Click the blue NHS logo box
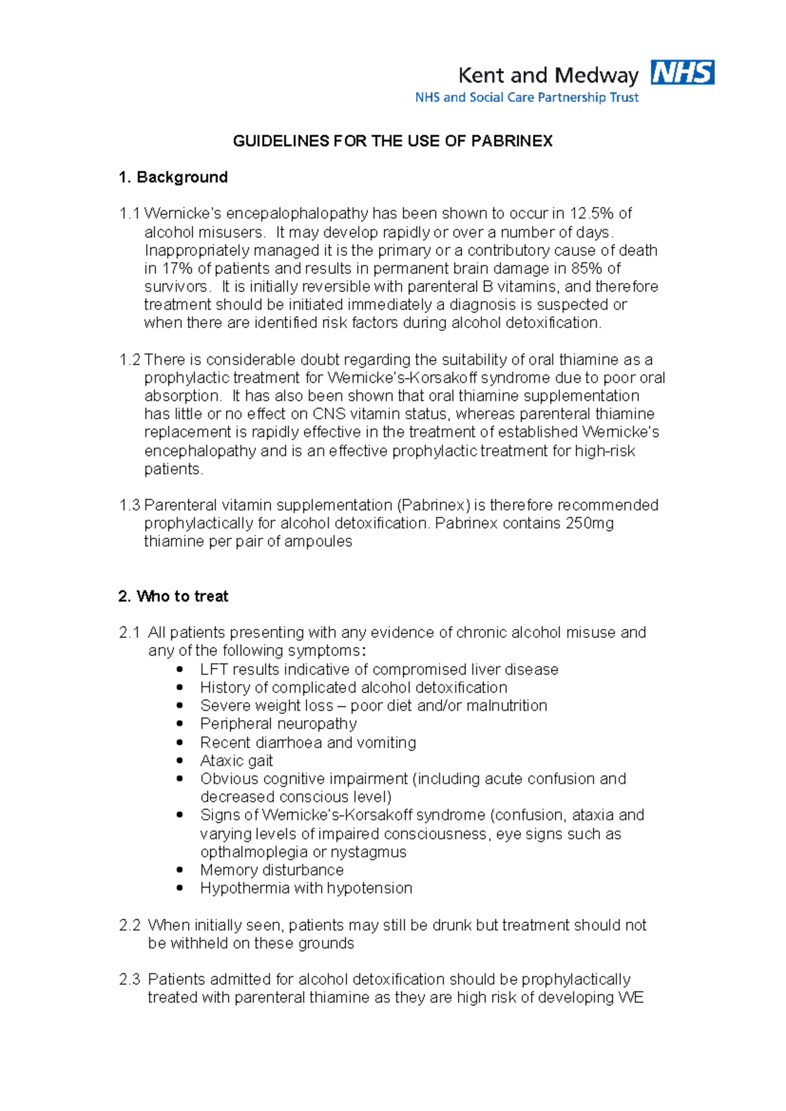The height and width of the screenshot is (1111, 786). pos(682,73)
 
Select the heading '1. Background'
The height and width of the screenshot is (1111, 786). pos(173,178)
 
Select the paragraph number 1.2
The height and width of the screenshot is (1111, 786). pos(130,360)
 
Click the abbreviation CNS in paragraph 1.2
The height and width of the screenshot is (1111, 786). pos(329,414)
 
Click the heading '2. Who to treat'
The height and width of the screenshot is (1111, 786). pos(173,597)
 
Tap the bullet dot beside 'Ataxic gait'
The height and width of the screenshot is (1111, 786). pos(180,761)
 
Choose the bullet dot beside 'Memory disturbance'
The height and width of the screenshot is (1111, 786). pos(180,870)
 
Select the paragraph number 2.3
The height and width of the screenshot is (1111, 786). pos(130,980)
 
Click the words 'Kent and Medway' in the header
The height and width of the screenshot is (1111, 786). pos(548,76)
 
